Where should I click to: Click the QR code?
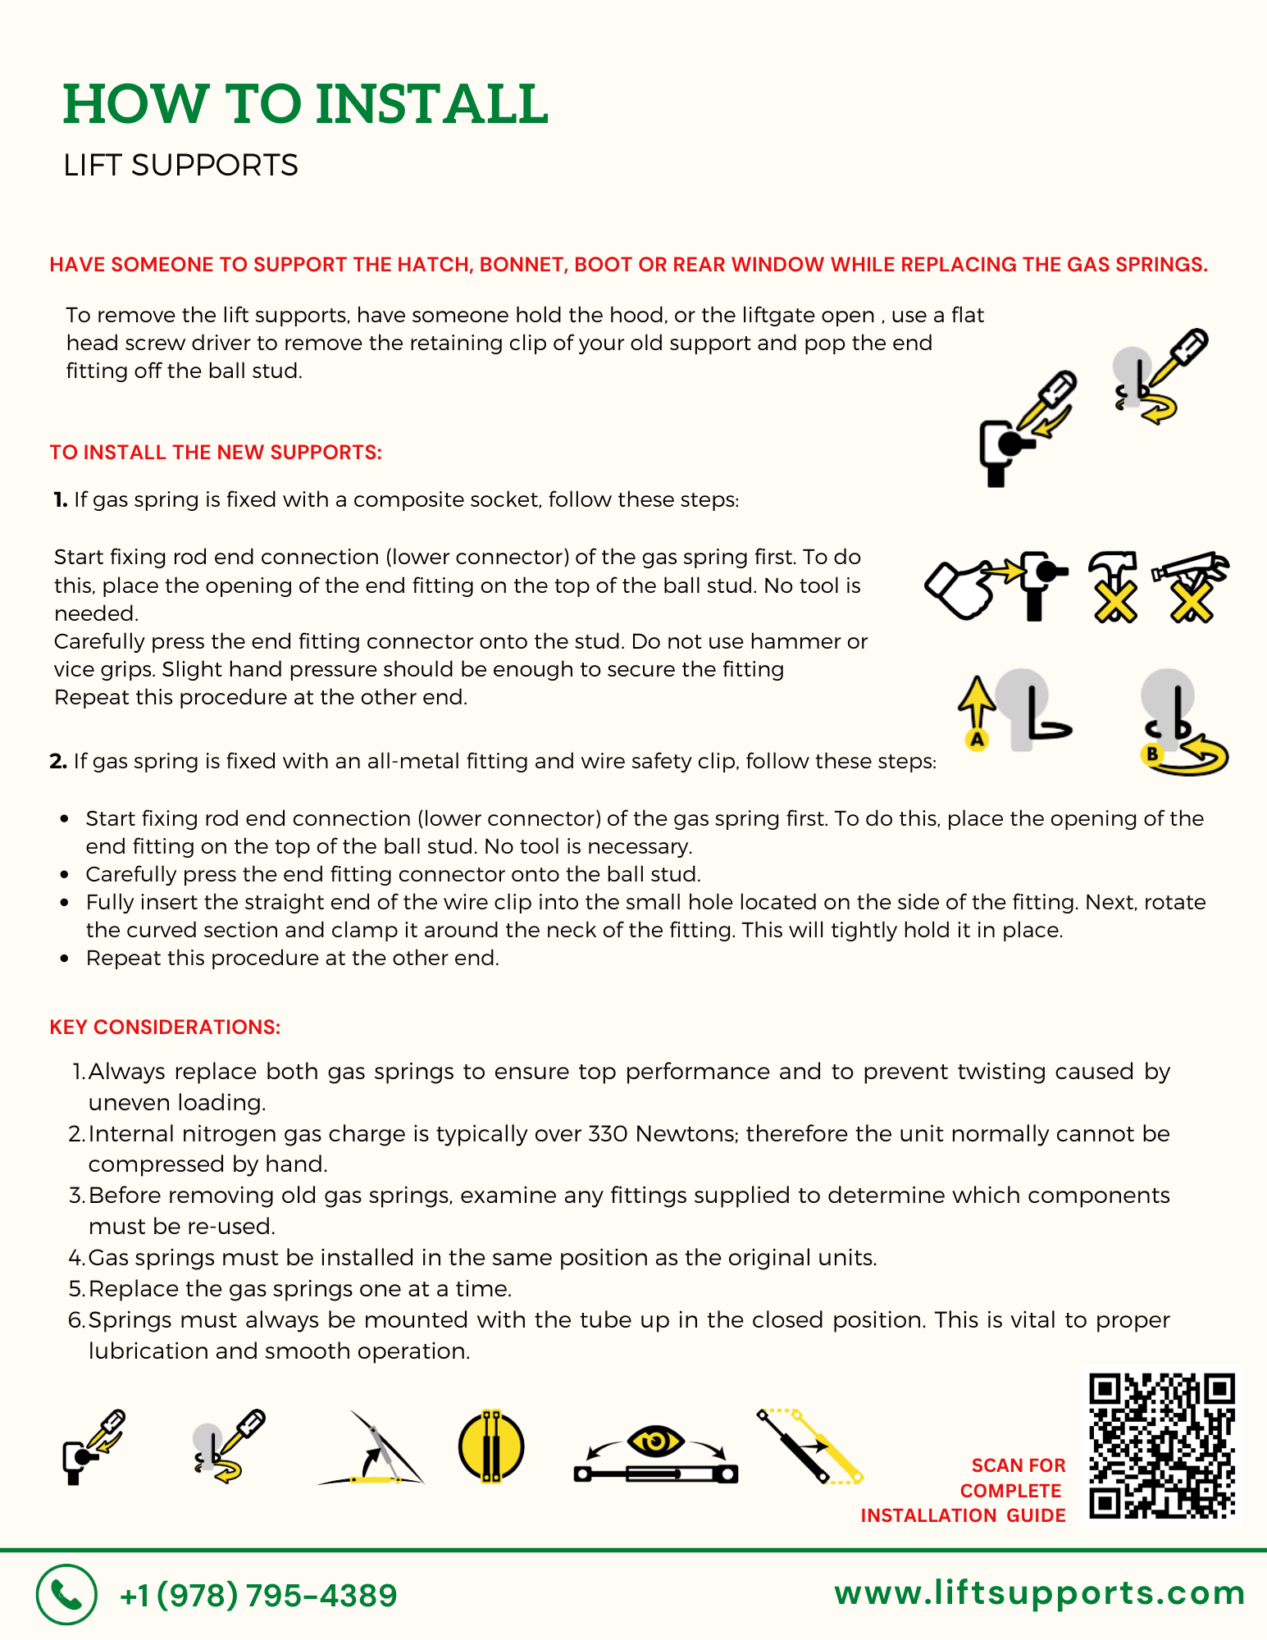(1162, 1446)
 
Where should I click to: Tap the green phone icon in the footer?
(66, 1594)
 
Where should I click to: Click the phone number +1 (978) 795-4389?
(258, 1596)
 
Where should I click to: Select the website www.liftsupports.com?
(1039, 1593)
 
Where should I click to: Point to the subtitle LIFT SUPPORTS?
(180, 166)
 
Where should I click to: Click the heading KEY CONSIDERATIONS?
(165, 1027)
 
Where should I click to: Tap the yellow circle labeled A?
(977, 740)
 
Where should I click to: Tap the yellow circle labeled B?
(1153, 754)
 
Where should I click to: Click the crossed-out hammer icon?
(1114, 586)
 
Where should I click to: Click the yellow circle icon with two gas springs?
(491, 1446)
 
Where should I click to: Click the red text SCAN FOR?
(1018, 1465)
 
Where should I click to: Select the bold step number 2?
(58, 762)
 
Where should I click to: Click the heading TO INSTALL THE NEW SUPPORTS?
(216, 453)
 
